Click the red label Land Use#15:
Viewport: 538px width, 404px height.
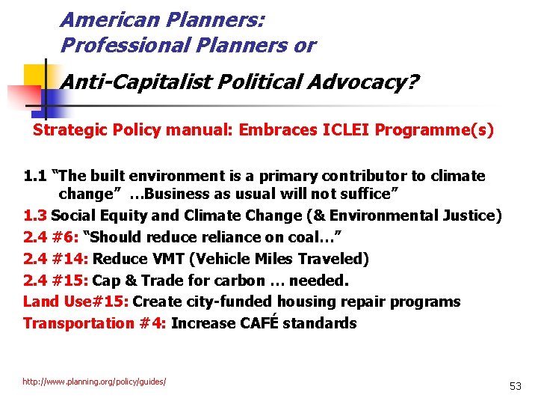(75, 302)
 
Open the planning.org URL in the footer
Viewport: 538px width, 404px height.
(94, 382)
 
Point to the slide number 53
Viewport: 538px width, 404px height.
(515, 386)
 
